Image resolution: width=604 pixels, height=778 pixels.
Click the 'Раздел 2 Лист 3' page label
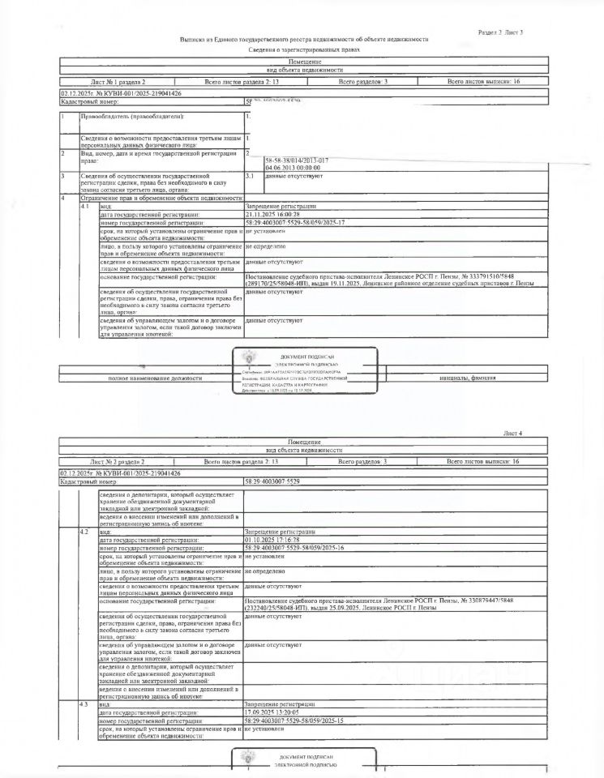pyautogui.click(x=501, y=32)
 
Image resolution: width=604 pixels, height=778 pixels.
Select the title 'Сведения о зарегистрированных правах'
pyautogui.click(x=304, y=50)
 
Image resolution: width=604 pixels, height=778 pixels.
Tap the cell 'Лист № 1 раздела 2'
pyautogui.click(x=118, y=83)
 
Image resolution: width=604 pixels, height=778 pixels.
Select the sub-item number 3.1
pyautogui.click(x=250, y=175)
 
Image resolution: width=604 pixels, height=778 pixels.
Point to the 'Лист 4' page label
pyautogui.click(x=513, y=434)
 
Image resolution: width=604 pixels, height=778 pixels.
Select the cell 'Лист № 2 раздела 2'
pyautogui.click(x=118, y=461)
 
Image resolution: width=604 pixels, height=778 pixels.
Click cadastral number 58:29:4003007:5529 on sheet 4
pyautogui.click(x=272, y=481)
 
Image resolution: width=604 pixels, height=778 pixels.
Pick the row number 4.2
pyautogui.click(x=85, y=532)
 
